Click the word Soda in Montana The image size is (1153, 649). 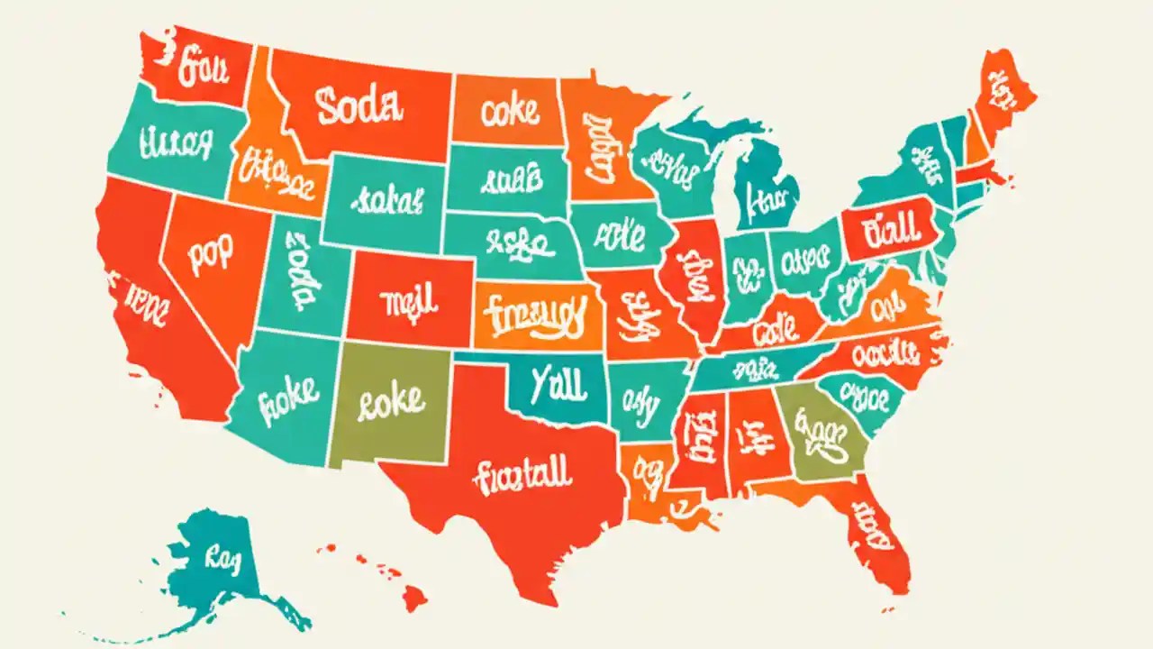[x=358, y=105]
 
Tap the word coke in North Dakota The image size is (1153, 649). [x=509, y=112]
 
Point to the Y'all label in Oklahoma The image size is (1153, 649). [x=558, y=383]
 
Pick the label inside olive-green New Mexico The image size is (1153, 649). [x=390, y=402]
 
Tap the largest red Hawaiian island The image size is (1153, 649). [x=413, y=596]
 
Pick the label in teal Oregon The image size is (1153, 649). [x=176, y=142]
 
